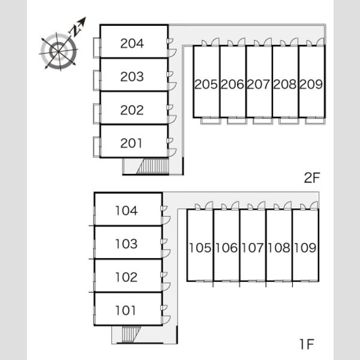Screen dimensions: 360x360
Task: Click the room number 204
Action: pyautogui.click(x=132, y=43)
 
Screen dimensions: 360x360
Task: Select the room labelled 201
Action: pyautogui.click(x=131, y=143)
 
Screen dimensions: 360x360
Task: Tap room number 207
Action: pyautogui.click(x=259, y=84)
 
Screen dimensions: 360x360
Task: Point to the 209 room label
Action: pyautogui.click(x=311, y=84)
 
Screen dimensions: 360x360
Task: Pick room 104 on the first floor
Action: pyautogui.click(x=126, y=211)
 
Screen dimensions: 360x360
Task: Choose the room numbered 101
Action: pyautogui.click(x=125, y=310)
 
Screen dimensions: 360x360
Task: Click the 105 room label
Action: pyautogui.click(x=200, y=248)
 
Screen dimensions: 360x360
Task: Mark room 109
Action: pyautogui.click(x=305, y=248)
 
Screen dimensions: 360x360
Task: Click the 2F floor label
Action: pyautogui.click(x=312, y=178)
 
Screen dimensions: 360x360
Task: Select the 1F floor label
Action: pyautogui.click(x=307, y=344)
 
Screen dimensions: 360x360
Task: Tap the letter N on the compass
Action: pyautogui.click(x=75, y=31)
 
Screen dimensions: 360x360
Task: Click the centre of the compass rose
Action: pyautogui.click(x=59, y=51)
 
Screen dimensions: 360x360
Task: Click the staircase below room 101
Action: pyautogui.click(x=130, y=335)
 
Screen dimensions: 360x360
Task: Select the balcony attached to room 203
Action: pyautogui.click(x=97, y=80)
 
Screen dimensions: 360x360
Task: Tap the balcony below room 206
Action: pyautogui.click(x=237, y=121)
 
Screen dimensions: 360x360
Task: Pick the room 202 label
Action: pyautogui.click(x=132, y=110)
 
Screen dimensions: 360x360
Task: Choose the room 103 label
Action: pyautogui.click(x=126, y=244)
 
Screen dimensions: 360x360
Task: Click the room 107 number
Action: pyautogui.click(x=253, y=248)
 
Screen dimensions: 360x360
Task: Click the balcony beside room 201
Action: pyautogui.click(x=97, y=147)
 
